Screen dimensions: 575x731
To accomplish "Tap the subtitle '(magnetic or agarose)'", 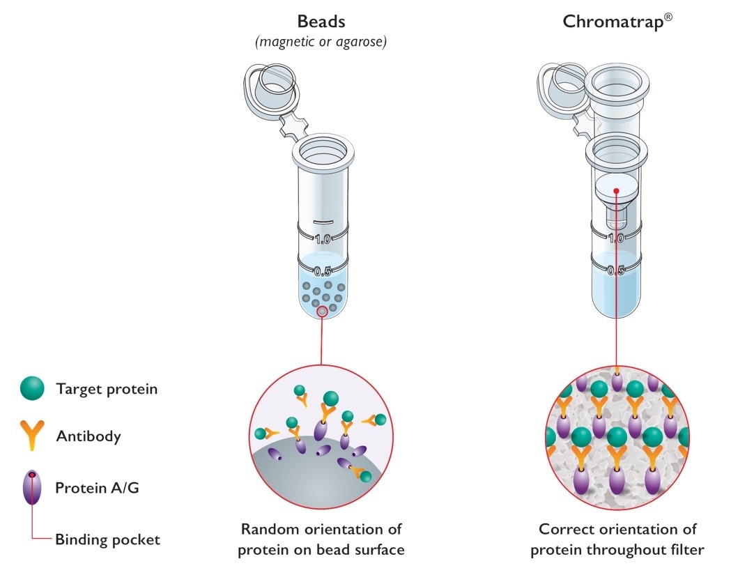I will point(321,42).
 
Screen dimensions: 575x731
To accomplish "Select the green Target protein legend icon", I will point(32,389).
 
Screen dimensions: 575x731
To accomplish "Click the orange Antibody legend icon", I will point(32,436).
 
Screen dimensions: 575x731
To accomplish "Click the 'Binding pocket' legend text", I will point(108,539).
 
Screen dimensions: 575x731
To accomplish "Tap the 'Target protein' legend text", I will point(107,389).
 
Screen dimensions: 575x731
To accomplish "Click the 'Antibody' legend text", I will point(89,437).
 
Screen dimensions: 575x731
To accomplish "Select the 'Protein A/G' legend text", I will point(97,488).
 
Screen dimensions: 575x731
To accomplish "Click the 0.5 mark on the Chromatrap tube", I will point(616,270).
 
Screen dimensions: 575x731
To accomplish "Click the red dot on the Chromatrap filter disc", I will point(616,188).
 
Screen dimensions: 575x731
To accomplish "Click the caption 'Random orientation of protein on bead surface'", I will point(321,539).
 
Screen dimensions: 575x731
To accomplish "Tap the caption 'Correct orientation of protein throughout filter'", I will point(617,539).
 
